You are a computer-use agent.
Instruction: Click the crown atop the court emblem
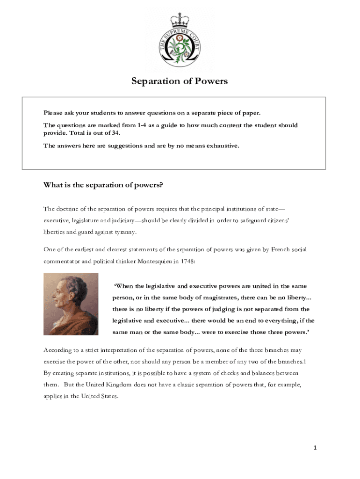180,20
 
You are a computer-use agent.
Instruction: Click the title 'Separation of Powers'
180,81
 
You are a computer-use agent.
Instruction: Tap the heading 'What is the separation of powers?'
103,185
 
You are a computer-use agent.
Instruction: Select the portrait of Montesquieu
71,304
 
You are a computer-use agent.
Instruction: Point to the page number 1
315,448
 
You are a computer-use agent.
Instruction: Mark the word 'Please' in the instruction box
53,113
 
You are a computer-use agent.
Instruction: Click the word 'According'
58,350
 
